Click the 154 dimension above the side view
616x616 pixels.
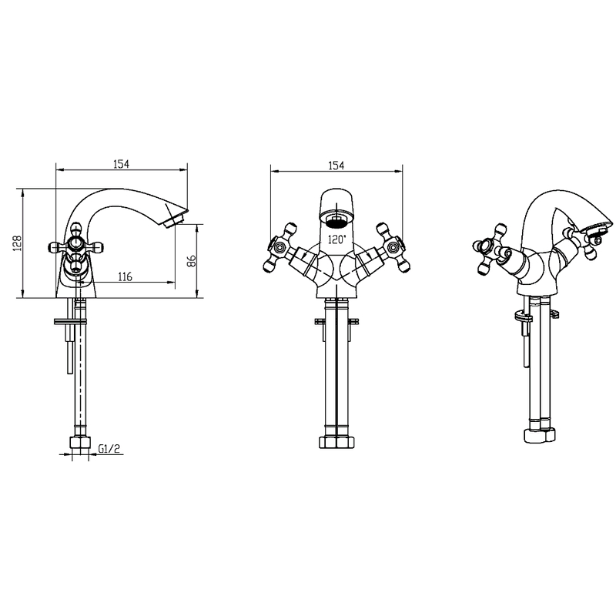(121, 163)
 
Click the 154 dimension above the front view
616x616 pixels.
(336, 166)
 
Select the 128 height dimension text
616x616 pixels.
(17, 243)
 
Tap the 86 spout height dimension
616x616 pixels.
(191, 260)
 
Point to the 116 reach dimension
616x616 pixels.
(125, 276)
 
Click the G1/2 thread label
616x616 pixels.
(109, 448)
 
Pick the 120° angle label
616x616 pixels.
(337, 239)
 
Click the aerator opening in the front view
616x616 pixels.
(336, 222)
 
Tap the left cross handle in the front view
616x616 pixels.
(280, 247)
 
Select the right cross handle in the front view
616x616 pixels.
(393, 247)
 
